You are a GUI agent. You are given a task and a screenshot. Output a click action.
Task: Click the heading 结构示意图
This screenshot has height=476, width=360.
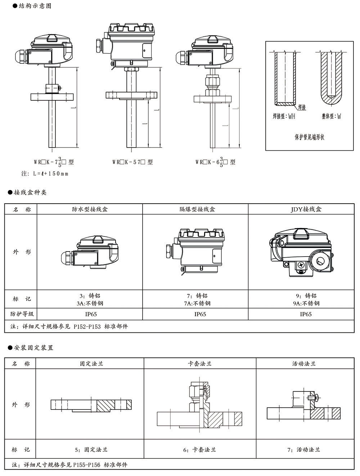[x=35, y=6]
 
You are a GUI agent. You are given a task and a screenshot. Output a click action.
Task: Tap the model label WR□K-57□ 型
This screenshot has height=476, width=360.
[x=132, y=162]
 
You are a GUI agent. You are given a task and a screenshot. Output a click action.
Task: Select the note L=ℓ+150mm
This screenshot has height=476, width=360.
[x=45, y=173]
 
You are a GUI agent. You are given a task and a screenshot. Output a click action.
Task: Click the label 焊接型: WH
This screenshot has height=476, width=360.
[x=284, y=117]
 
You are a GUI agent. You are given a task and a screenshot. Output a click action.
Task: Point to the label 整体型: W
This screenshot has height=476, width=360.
[x=331, y=117]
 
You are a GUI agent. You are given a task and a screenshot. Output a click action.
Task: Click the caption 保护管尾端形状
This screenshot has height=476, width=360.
[x=309, y=137]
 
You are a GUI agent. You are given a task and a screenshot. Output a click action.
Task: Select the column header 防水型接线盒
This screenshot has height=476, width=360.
[x=90, y=209]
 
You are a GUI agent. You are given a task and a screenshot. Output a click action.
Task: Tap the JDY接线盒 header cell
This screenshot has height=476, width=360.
[x=306, y=209]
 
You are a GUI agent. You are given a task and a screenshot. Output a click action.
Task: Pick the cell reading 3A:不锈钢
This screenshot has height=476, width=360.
[x=90, y=303]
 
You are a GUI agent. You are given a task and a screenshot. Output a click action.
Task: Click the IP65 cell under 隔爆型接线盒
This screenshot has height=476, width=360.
[x=200, y=314]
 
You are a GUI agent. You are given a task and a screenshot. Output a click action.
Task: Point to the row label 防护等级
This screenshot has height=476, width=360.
[x=22, y=314]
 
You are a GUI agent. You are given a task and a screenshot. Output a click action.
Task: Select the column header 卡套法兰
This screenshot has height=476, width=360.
[x=200, y=364]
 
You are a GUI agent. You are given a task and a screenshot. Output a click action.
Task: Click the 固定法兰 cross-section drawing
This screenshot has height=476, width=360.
[x=90, y=405]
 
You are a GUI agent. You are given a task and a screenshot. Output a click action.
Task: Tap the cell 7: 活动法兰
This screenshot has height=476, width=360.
[x=303, y=450]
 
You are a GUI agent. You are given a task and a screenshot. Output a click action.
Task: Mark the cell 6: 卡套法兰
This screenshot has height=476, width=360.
[x=199, y=450]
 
